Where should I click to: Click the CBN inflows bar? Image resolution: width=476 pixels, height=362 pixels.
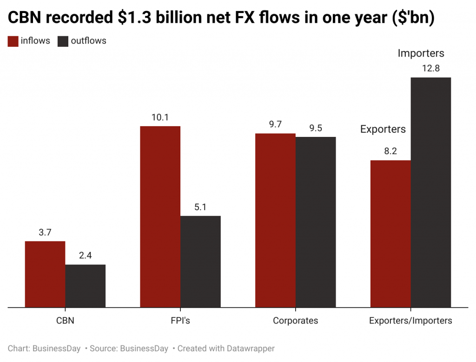tap(45, 274)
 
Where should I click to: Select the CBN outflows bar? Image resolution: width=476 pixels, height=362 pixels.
tap(85, 285)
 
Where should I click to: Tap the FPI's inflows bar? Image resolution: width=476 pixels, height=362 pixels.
tap(160, 216)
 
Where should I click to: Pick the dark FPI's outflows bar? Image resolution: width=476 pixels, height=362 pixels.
tap(200, 261)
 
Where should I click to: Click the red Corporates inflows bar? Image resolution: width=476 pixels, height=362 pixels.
tap(275, 220)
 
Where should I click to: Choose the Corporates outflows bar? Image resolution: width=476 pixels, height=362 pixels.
tap(316, 222)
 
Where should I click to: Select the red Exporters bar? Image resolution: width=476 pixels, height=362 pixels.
tap(390, 233)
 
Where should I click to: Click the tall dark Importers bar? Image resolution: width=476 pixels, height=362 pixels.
tap(431, 192)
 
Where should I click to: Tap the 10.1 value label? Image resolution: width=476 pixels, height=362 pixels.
tap(160, 117)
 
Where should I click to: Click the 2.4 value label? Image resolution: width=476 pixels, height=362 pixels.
tap(85, 256)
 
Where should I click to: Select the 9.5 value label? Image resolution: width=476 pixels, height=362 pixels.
tap(316, 128)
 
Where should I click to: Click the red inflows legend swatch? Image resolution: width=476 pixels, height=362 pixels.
tap(13, 41)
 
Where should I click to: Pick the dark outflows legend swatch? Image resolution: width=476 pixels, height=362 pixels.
tap(63, 41)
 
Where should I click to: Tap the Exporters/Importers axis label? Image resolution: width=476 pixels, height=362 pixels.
tap(410, 321)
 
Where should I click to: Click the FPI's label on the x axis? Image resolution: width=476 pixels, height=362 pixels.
tap(180, 321)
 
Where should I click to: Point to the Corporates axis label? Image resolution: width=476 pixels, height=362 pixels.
tap(295, 321)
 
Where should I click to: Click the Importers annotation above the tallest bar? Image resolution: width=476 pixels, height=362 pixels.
tap(421, 53)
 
